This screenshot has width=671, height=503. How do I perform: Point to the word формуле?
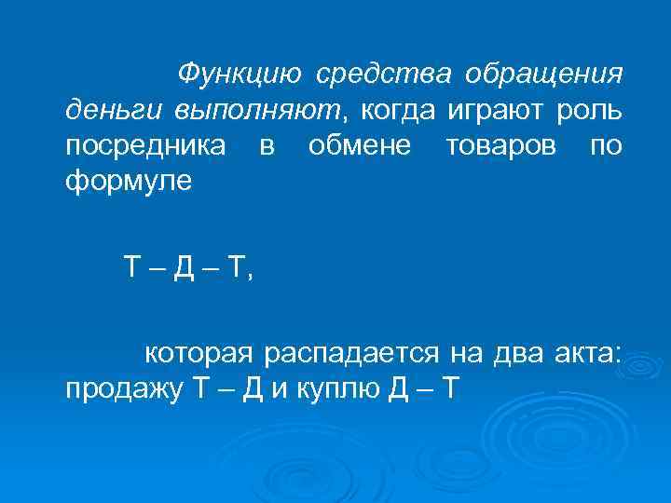(x=128, y=181)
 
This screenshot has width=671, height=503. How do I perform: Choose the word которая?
(x=197, y=353)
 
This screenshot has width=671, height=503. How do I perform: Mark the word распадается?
(x=353, y=353)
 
